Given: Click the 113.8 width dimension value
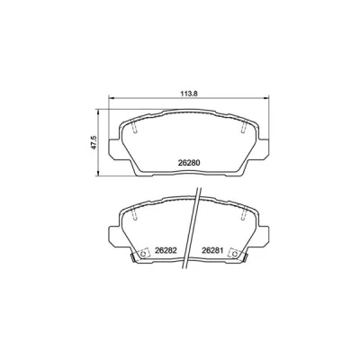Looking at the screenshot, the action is pos(189,94).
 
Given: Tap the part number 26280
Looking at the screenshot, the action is pos(189,163).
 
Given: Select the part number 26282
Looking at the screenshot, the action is pos(165,250).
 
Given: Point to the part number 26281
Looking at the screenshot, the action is pos(212,250).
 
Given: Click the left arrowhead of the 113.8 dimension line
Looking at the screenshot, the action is pos(111,97).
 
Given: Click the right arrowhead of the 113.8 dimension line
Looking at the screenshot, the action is pos(266,97).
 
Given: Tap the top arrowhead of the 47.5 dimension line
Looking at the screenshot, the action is pos(97,112).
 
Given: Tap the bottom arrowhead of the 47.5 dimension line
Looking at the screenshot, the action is pos(97,174).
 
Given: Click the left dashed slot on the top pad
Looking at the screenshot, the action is pos(135,126).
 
